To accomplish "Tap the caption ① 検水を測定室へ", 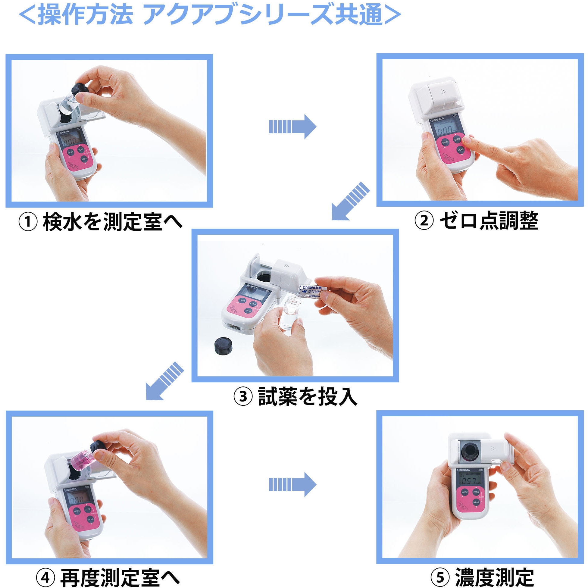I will point(100,222).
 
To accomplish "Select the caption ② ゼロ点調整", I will point(477,221).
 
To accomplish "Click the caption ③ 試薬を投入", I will point(295,396).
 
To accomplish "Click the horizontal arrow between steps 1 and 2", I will point(292,127).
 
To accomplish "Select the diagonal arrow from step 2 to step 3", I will point(350,201).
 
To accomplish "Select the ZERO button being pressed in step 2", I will point(457,139).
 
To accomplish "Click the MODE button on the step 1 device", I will point(70,152).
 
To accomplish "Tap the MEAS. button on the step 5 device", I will point(476,502).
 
